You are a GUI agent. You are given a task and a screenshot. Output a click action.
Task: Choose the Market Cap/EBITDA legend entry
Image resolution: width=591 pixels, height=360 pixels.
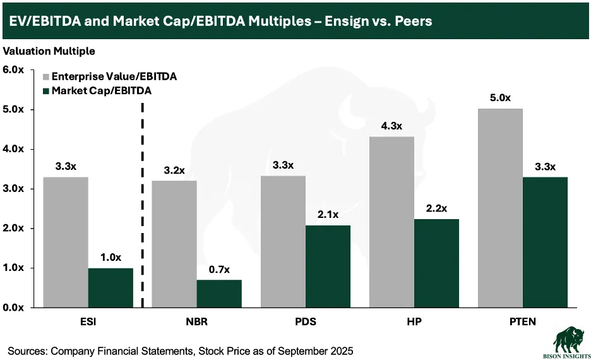[101, 91]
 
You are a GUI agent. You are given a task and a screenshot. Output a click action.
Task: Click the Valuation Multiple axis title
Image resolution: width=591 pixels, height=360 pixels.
[49, 50]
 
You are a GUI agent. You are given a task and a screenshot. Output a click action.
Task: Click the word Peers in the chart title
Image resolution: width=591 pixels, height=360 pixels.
[412, 20]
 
